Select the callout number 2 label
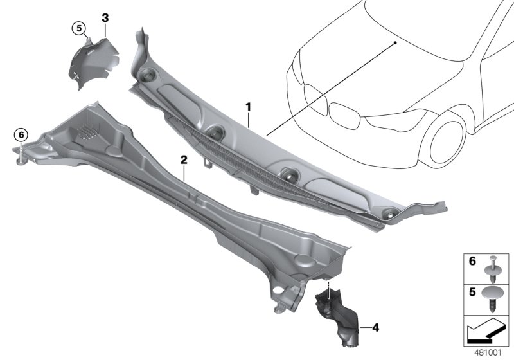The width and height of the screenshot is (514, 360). coord(184,159)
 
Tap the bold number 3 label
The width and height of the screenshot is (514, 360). coord(105,16)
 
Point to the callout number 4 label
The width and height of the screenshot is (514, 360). coord(376,328)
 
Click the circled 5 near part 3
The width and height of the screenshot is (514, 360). coord(78,28)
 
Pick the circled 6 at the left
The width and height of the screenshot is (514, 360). coord(21,134)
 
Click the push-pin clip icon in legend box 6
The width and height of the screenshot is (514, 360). coord(492,266)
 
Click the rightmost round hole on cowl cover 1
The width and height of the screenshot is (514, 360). coord(388,214)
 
